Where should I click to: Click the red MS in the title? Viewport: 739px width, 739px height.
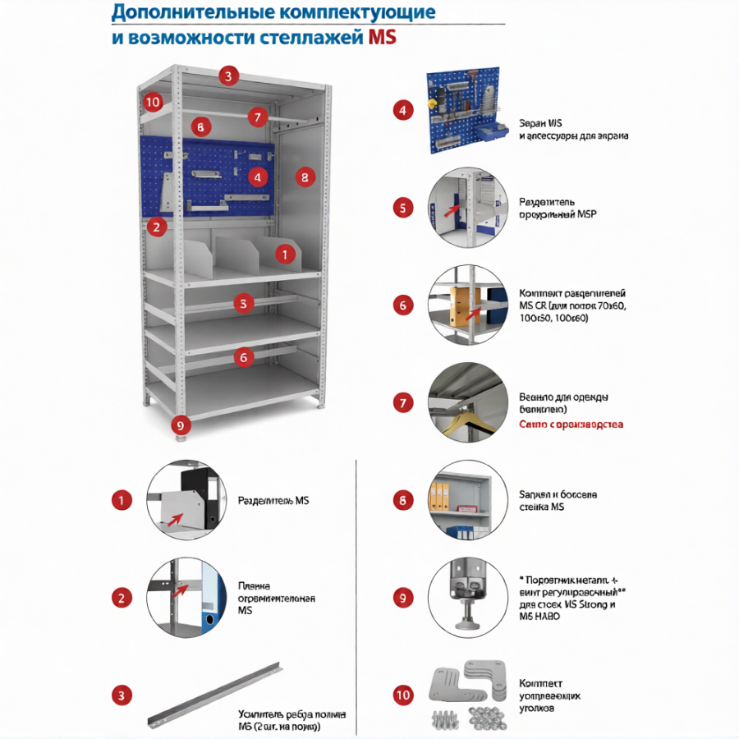(x=381, y=37)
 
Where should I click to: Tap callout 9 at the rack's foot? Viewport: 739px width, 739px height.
(x=181, y=425)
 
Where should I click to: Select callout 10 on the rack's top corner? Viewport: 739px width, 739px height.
(x=151, y=103)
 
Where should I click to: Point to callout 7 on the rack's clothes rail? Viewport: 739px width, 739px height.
(x=257, y=117)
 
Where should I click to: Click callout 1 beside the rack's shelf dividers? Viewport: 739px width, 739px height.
(x=284, y=255)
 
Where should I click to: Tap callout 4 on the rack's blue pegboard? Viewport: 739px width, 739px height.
(x=258, y=176)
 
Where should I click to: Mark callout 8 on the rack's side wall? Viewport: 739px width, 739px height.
(x=304, y=177)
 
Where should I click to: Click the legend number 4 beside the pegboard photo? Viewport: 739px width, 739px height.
(x=402, y=111)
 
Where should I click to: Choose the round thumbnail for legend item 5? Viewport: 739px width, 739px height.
(x=465, y=207)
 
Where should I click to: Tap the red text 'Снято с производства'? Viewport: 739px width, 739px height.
(x=571, y=425)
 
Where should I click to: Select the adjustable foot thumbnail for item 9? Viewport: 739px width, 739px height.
(x=465, y=597)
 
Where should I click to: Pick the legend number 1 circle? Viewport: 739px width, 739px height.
(x=122, y=500)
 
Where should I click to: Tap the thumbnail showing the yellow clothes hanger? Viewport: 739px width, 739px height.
(x=465, y=402)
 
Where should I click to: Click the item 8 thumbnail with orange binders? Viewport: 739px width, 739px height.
(x=465, y=500)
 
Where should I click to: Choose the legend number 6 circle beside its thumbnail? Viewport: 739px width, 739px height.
(x=402, y=305)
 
